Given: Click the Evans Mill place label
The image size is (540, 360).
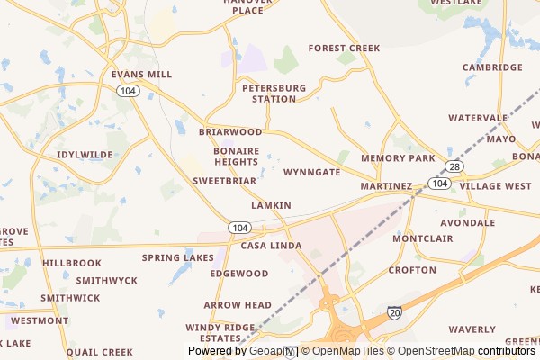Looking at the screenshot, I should point(140,75).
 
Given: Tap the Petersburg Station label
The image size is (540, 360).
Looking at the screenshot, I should point(274,94).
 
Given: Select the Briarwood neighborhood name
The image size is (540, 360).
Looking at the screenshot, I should point(230,131).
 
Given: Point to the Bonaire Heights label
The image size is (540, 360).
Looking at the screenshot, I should point(236,157).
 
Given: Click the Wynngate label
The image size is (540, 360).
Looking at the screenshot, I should point(311,172).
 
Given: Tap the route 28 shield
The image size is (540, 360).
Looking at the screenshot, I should point(455,167).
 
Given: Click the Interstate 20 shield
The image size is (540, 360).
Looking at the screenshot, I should point(395,312).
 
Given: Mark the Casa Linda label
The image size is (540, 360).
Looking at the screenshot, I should point(270,246).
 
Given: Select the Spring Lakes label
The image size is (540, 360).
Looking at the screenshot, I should point(178,257).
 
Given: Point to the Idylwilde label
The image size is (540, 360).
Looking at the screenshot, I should point(85,155).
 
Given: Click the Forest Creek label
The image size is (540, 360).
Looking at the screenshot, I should point(344,48).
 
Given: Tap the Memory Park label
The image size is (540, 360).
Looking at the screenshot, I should point(398,158).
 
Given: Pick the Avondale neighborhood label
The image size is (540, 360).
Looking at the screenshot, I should point(467,222).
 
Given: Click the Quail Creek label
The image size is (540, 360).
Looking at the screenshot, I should point(99,352).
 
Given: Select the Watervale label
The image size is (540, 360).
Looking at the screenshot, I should point(478,118).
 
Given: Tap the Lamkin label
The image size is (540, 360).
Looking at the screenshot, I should point(271,205).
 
